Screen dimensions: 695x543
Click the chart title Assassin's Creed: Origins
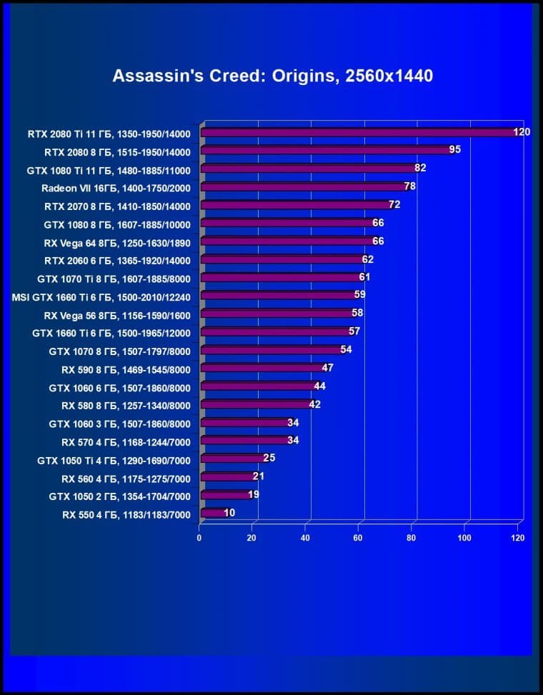(x=272, y=76)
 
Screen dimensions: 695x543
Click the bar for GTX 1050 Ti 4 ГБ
(x=233, y=458)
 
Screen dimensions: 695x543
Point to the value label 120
(x=522, y=132)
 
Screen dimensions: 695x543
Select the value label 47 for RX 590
(x=327, y=368)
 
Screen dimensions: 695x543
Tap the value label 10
(x=229, y=512)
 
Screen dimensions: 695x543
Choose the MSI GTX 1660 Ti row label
(x=101, y=295)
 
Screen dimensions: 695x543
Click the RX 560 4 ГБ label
(x=126, y=476)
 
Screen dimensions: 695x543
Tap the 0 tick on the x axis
(x=199, y=537)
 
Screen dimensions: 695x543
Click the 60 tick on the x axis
(x=358, y=537)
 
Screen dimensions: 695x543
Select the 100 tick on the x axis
(x=464, y=537)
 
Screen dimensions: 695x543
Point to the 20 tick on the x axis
(x=251, y=537)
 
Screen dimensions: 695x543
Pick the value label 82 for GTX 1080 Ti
(x=420, y=169)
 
